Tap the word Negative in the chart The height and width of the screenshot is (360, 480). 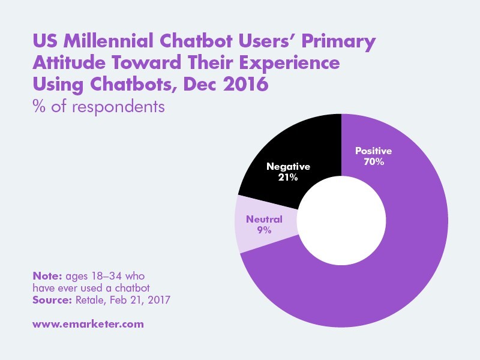(x=287, y=166)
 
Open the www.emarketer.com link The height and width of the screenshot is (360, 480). (x=88, y=324)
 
